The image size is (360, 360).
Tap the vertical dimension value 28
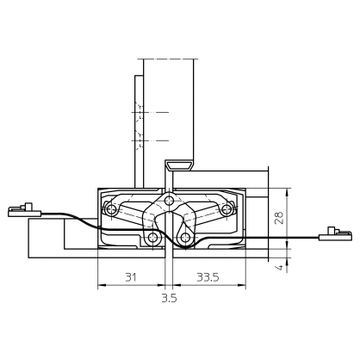click(278, 219)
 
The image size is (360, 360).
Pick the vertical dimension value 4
click(278, 267)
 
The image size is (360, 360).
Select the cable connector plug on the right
click(335, 233)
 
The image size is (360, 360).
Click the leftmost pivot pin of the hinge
click(110, 209)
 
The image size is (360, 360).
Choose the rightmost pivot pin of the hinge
click(229, 209)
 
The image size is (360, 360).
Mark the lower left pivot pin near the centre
click(153, 236)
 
